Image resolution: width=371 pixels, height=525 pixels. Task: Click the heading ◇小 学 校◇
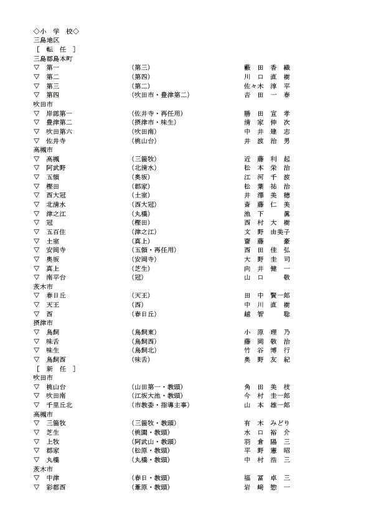point(56,31)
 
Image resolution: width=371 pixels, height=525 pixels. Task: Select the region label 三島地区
point(46,40)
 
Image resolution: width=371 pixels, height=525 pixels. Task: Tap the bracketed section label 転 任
point(56,49)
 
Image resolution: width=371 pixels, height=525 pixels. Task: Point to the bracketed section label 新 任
point(56,369)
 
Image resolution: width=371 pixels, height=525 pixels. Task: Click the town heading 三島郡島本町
point(54,58)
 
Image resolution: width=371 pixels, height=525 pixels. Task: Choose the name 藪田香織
point(267,67)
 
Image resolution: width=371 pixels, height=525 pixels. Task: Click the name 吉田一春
point(267,95)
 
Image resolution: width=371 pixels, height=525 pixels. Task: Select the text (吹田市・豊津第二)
point(160,95)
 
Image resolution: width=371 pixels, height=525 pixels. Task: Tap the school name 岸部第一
point(59,113)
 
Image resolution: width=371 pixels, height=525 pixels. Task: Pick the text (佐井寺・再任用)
point(157,113)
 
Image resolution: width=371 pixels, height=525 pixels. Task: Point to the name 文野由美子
point(267,232)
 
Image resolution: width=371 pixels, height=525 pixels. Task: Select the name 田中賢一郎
point(267,295)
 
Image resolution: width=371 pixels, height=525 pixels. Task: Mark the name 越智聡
point(267,314)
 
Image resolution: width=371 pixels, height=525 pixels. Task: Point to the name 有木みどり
point(267,423)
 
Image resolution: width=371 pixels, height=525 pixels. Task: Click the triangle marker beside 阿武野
point(37,168)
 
